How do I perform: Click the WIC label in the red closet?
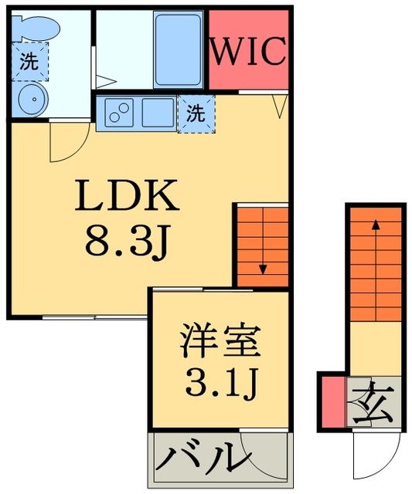tap(249, 52)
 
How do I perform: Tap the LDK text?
tap(127, 198)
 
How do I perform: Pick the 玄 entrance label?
tap(374, 401)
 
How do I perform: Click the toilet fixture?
tap(34, 28)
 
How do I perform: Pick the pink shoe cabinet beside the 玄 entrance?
tap(332, 401)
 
